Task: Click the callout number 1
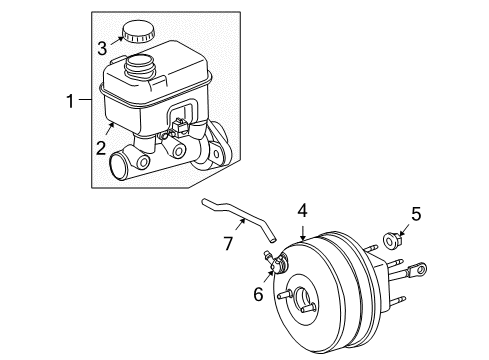[x=69, y=101]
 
